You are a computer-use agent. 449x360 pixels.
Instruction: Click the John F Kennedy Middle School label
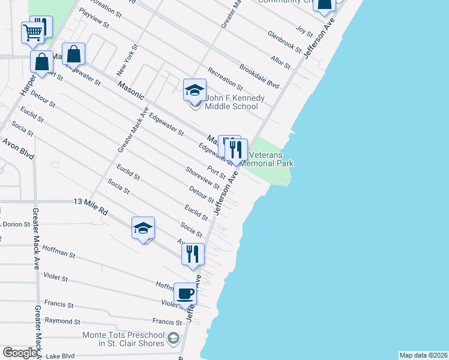pos(231,102)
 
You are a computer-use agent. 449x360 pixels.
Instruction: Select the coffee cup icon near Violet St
pos(185,294)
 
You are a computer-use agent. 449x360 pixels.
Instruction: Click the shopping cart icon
pos(33,32)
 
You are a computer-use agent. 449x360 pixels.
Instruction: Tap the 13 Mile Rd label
pos(90,203)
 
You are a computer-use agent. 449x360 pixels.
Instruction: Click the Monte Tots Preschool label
pos(123,339)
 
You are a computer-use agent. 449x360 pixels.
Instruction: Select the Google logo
pos(20,353)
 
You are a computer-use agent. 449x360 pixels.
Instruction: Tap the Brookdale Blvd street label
pos(259,75)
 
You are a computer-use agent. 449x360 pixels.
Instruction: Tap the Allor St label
pos(280,61)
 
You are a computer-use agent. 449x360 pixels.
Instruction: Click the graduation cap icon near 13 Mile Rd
pos(143,228)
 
